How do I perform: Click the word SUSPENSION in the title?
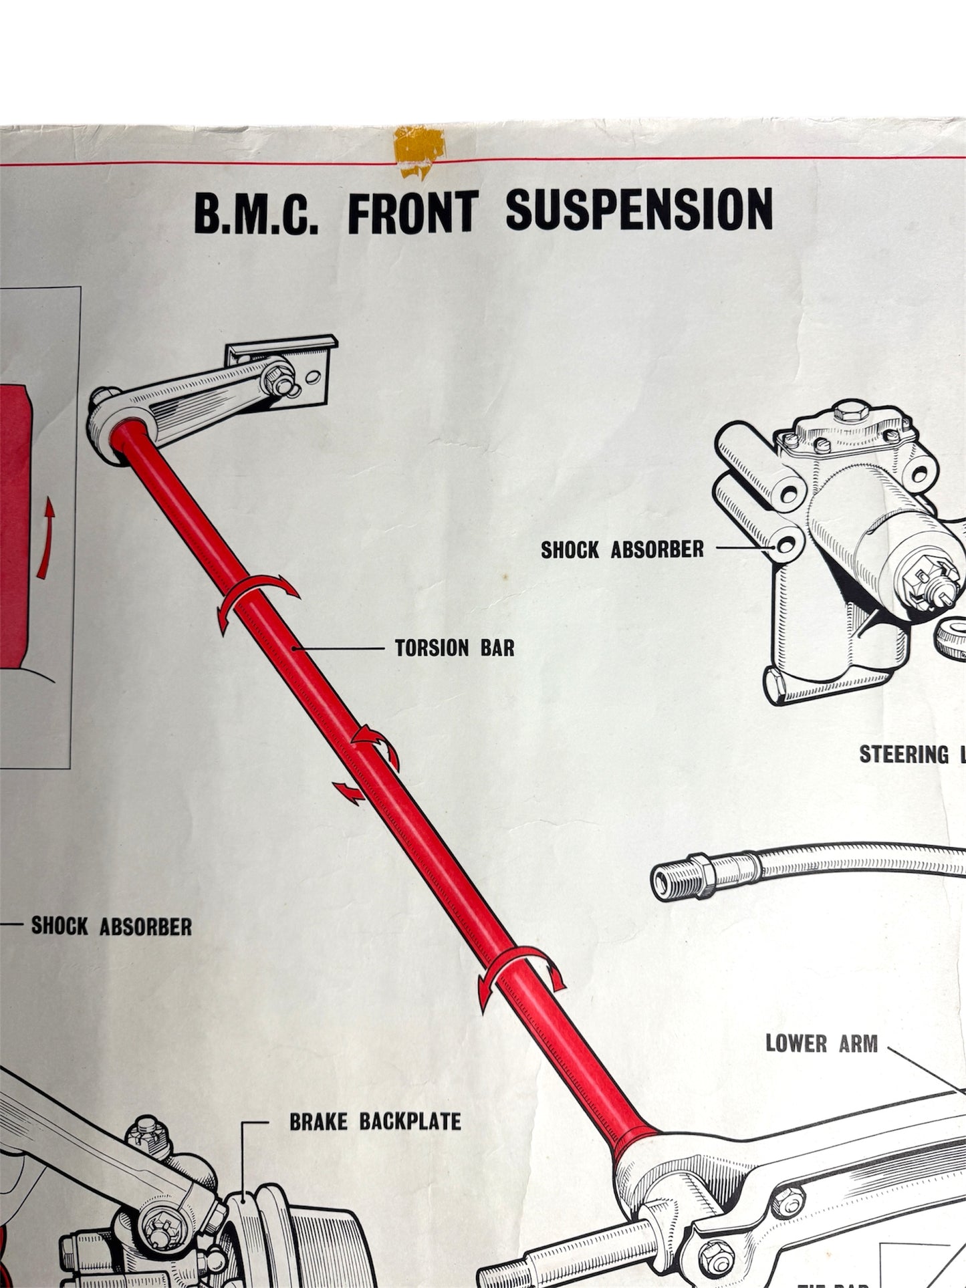pos(638,210)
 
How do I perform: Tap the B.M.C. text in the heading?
pos(256,213)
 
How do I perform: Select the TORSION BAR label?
pos(455,648)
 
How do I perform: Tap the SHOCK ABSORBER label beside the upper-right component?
pos(622,549)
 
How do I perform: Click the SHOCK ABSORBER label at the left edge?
pos(112,926)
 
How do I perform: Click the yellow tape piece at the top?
pos(418,150)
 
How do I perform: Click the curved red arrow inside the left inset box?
pos(45,539)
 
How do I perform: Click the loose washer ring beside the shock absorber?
pos(952,632)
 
